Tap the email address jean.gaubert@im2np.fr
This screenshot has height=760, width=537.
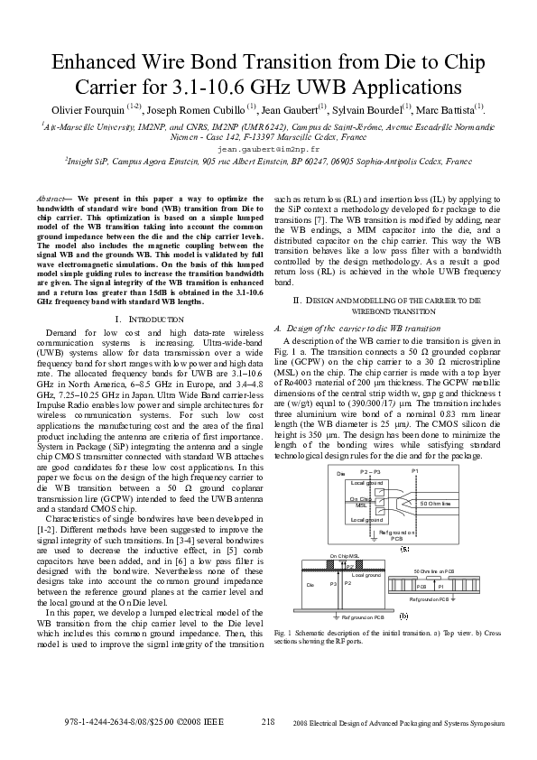268,148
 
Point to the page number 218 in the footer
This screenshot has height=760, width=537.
268,720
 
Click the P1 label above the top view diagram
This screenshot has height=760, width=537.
414,472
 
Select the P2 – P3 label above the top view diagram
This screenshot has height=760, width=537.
370,472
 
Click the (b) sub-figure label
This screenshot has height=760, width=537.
403,616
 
